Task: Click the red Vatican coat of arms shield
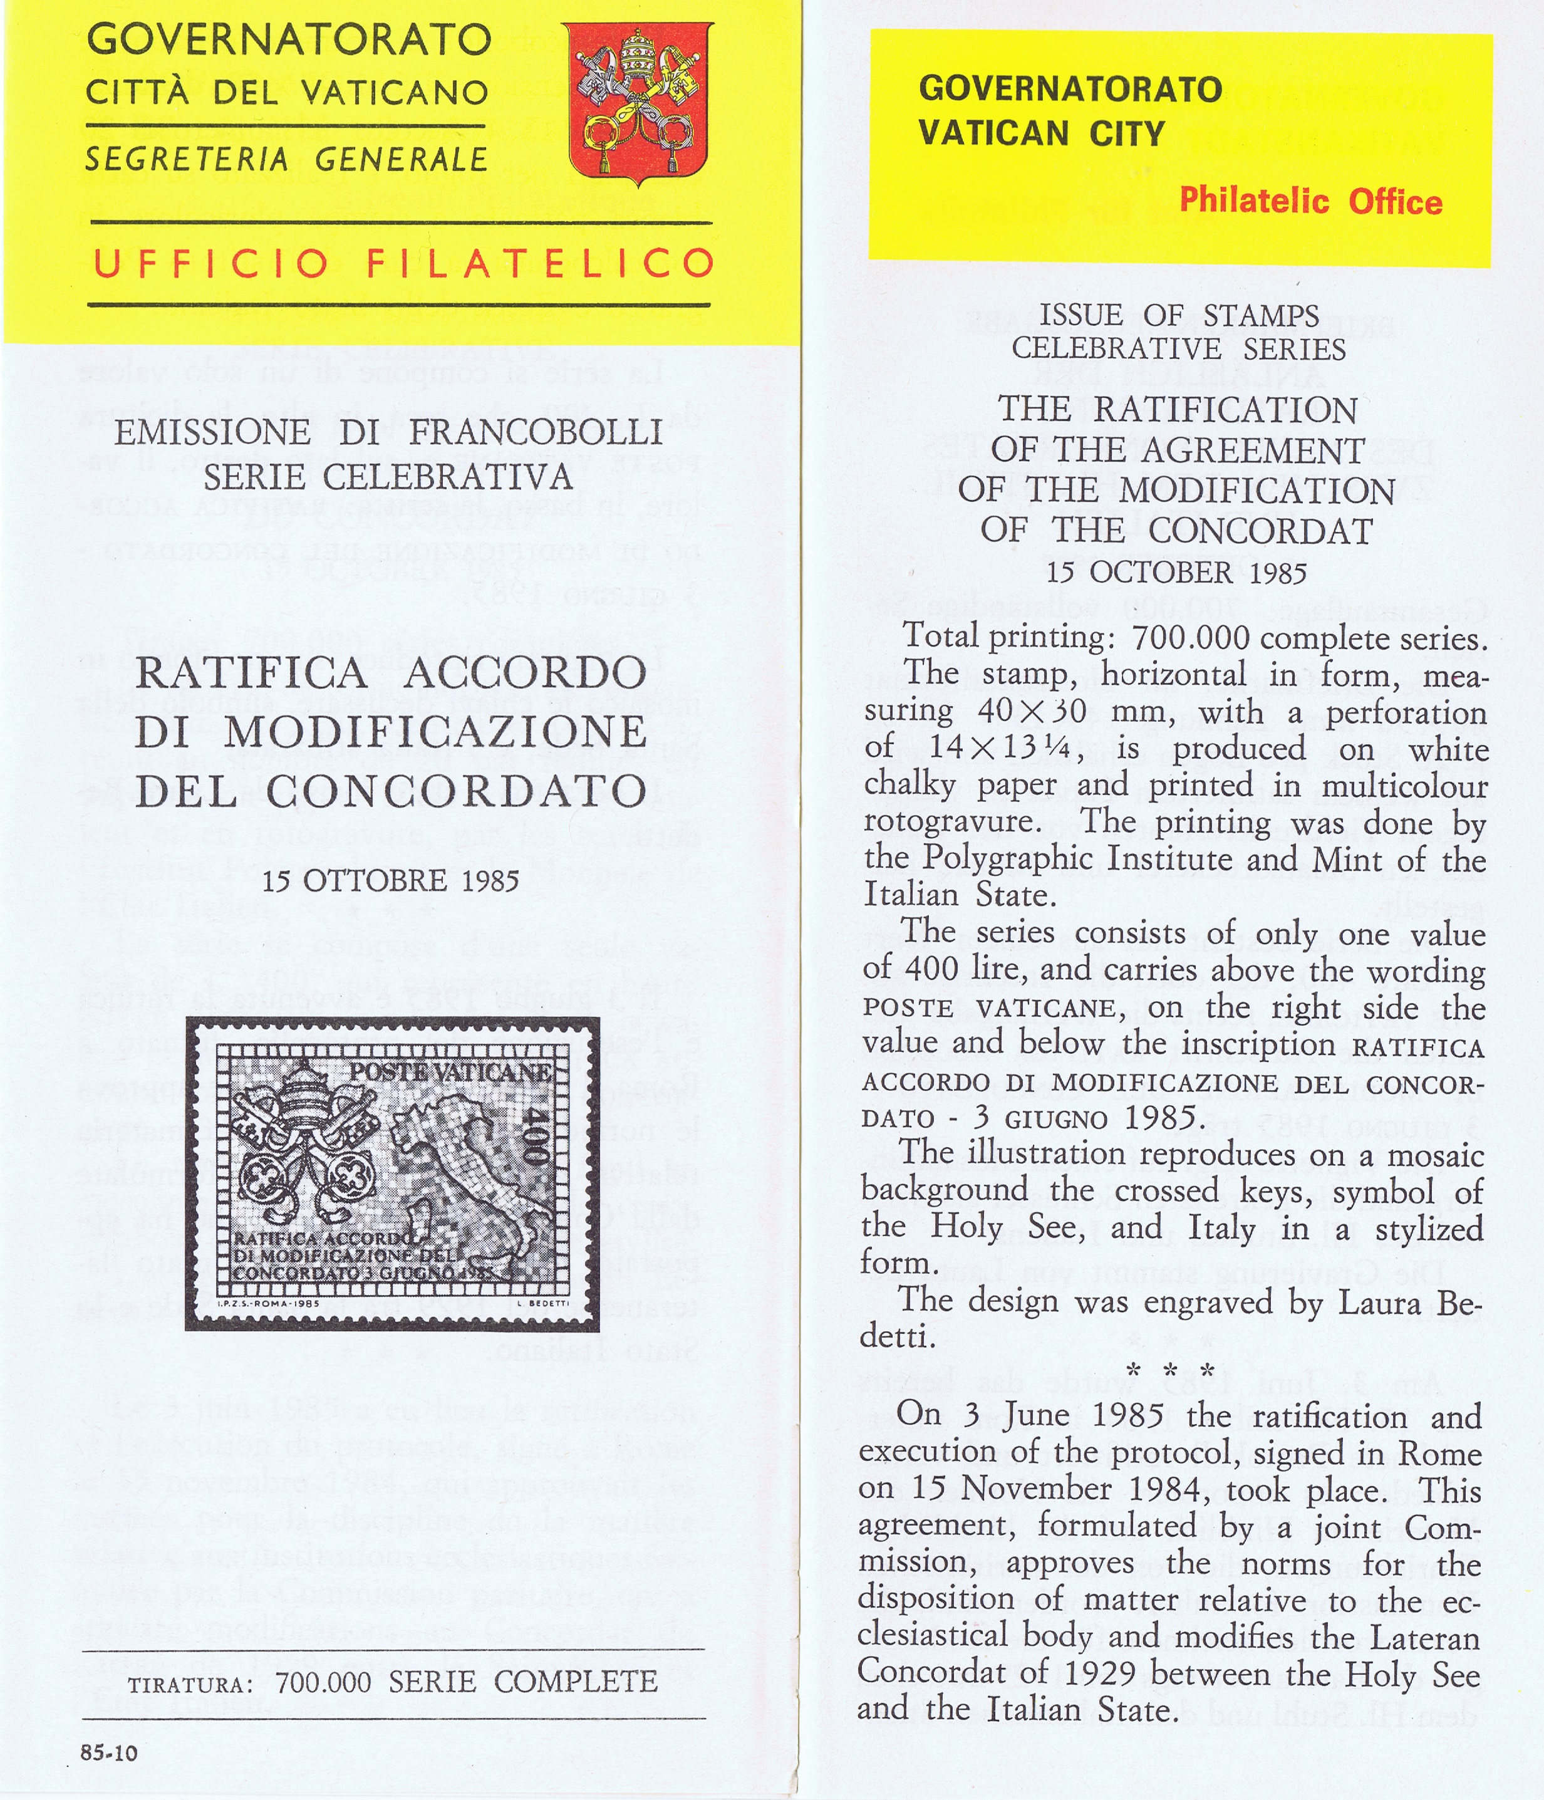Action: [x=636, y=103]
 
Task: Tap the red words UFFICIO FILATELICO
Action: [x=402, y=263]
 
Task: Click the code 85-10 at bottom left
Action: [x=108, y=1752]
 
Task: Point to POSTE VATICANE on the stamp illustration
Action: [x=450, y=1071]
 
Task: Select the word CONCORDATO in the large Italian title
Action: [x=456, y=791]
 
